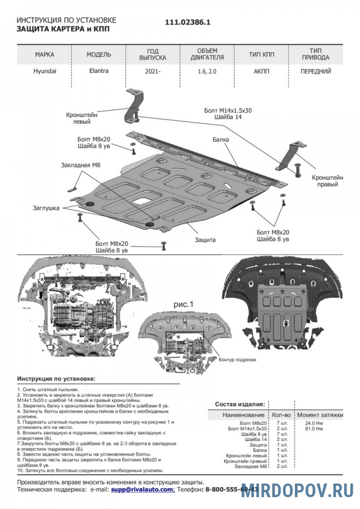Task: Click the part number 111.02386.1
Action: [187, 23]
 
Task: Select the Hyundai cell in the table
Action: [45, 72]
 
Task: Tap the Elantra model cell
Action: [98, 72]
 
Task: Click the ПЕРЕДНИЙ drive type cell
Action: [315, 72]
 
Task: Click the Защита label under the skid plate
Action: [205, 240]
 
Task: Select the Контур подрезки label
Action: [237, 360]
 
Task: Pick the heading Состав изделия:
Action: [240, 405]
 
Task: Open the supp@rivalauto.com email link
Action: [143, 489]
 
